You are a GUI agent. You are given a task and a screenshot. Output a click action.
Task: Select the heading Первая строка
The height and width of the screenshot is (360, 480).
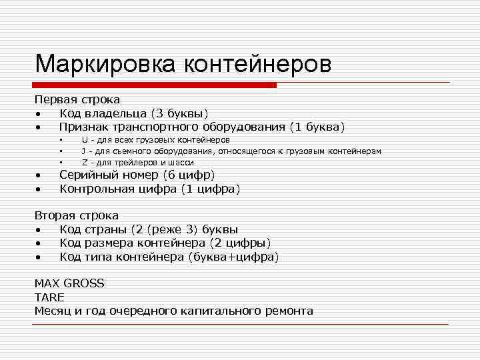coord(77,99)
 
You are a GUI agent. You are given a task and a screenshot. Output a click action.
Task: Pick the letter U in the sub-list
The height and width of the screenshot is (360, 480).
coord(85,141)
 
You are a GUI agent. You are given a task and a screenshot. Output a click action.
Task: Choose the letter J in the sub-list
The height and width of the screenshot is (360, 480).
coord(84,151)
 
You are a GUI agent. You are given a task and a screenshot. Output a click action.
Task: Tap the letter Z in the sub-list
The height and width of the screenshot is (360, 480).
coord(85,162)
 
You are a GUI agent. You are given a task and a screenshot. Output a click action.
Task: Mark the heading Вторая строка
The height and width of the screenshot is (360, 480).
coord(77,216)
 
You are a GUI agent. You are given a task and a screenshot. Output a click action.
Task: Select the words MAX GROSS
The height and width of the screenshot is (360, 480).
coord(69,283)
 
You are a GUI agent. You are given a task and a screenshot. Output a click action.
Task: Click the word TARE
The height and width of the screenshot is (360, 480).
coord(49,297)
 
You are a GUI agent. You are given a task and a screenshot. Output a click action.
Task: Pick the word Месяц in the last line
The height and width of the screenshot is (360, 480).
coord(53,311)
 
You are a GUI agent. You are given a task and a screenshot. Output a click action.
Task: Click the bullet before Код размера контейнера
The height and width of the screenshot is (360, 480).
coord(40,243)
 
